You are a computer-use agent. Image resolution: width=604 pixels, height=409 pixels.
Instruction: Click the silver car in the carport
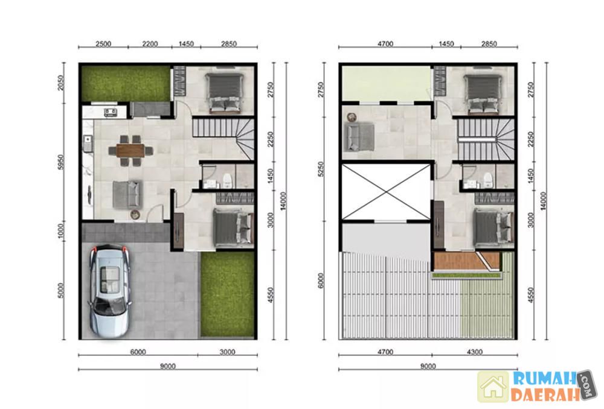pos(109,292)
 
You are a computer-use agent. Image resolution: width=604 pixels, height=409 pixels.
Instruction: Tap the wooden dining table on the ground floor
pos(130,150)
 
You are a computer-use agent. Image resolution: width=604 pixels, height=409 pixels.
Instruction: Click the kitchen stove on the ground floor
pos(110,112)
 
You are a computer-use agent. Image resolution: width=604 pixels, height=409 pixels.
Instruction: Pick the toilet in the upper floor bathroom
pos(487,180)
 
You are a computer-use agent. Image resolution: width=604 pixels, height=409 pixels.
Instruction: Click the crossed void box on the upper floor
pos(386,192)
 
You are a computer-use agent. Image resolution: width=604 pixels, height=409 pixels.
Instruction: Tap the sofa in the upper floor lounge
pos(361,136)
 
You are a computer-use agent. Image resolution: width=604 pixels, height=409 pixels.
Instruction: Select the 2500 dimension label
pos(103,44)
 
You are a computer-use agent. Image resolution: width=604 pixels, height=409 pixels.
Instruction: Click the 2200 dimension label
pos(150,44)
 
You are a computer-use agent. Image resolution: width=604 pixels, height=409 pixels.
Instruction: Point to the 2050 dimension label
pos(61,83)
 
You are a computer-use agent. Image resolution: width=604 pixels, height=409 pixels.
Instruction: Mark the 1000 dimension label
pos(61,231)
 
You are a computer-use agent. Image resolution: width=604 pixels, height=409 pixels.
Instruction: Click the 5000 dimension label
pos(61,291)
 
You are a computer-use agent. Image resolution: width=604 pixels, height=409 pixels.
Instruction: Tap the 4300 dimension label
pos(475,352)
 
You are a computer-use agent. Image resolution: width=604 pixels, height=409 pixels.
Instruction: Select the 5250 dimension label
pos(321,169)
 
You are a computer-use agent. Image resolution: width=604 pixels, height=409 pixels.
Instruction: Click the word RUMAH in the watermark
pos(544,379)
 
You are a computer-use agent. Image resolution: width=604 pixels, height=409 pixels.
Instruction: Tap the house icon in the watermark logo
pos(493,387)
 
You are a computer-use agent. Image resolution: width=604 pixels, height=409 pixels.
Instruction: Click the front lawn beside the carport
pos(227,294)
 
